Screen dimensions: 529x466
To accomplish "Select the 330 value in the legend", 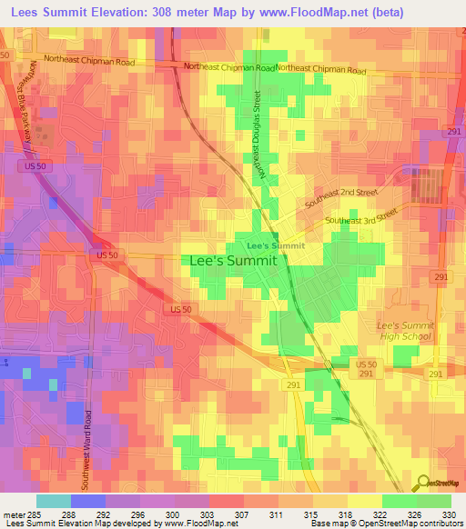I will pos(451,514).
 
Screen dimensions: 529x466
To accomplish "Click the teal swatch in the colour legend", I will pos(53,501).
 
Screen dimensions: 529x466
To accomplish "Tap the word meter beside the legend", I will pos(12,514).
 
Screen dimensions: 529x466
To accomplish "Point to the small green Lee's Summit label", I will pos(276,245).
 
